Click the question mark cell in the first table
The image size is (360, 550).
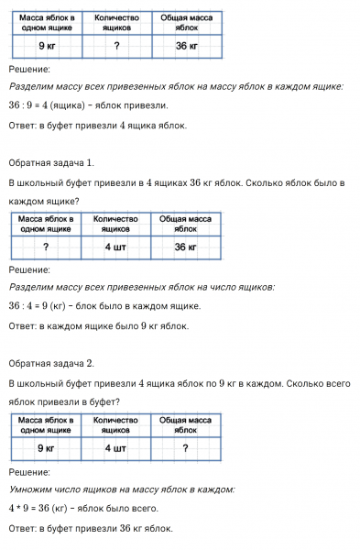(x=116, y=46)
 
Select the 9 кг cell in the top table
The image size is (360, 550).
(x=45, y=46)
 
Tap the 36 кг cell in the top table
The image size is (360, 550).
(x=187, y=46)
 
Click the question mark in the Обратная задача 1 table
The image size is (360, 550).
(x=45, y=247)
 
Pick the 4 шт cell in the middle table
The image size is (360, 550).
(x=115, y=247)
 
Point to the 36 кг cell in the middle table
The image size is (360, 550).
(x=187, y=247)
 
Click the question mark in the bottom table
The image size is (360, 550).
(x=187, y=448)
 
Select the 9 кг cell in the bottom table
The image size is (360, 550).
(x=45, y=448)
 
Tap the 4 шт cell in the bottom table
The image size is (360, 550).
(x=115, y=448)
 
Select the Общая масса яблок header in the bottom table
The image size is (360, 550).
(x=187, y=424)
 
